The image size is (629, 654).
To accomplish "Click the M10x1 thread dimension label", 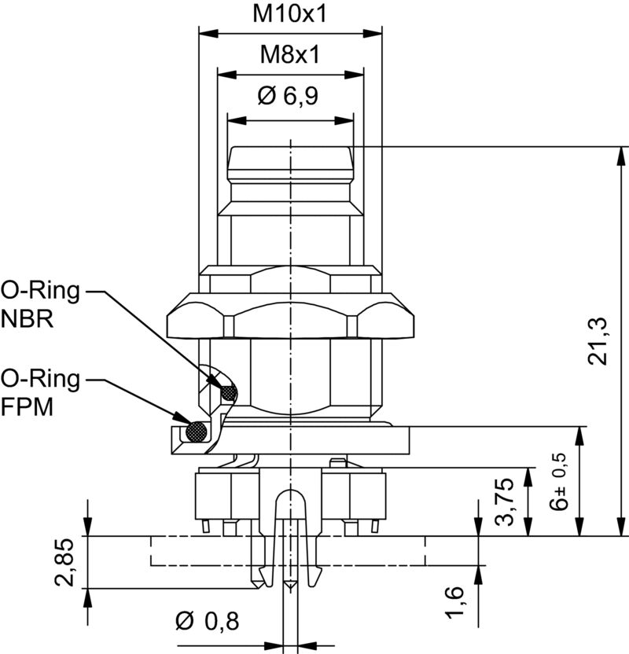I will [290, 13].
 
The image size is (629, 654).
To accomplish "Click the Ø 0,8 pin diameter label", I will [208, 622].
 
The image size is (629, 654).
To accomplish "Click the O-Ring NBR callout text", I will [41, 305].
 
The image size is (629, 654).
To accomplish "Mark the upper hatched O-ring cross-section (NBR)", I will [228, 391].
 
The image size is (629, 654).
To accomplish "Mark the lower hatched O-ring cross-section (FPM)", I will [196, 432].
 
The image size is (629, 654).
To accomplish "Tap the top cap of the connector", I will [290, 161].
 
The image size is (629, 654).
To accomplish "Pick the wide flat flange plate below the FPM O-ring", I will [314, 440].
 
